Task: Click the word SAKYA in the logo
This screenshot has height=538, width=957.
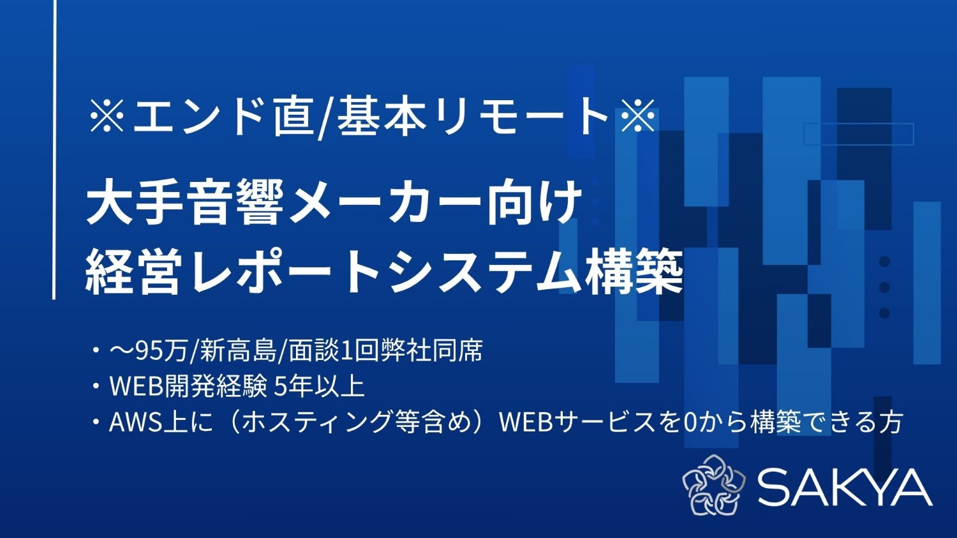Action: (845, 487)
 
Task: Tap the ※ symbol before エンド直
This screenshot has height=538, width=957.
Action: (107, 117)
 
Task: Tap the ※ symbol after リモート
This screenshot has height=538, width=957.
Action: (637, 117)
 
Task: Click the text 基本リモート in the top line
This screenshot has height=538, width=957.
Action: (473, 117)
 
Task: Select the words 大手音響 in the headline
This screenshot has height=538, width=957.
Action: (185, 203)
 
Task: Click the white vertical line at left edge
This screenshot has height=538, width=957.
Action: (54, 149)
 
